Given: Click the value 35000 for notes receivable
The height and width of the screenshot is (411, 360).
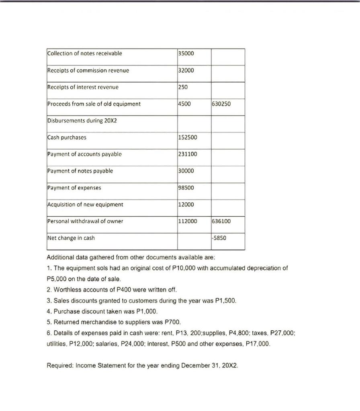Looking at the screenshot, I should point(186,53).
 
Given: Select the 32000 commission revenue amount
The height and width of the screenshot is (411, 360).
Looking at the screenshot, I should point(186,70).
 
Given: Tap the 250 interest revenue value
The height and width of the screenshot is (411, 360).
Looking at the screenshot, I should point(182,87).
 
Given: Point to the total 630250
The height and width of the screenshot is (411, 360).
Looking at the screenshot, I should point(221,104).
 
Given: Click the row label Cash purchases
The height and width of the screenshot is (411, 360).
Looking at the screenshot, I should point(67,138).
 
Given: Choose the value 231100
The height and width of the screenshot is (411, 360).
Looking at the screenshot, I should point(187,154).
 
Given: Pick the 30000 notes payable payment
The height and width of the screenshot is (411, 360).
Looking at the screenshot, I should point(186,171).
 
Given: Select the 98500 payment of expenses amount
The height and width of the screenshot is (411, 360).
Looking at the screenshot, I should point(186,188).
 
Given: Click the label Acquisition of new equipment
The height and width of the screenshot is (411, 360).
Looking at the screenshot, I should point(85,205).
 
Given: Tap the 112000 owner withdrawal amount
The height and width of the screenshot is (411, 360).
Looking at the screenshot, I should point(187,221).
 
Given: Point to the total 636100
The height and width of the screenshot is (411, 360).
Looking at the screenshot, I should point(221,221).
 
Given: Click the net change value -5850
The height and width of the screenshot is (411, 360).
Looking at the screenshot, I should point(219,238).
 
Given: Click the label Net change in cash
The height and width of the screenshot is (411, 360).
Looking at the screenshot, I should point(71,238).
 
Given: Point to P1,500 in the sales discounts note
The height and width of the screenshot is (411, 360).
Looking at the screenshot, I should point(231,300).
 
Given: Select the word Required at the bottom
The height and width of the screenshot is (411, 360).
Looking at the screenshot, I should point(59,366).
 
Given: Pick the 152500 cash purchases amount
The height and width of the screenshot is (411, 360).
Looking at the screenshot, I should point(187,138).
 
